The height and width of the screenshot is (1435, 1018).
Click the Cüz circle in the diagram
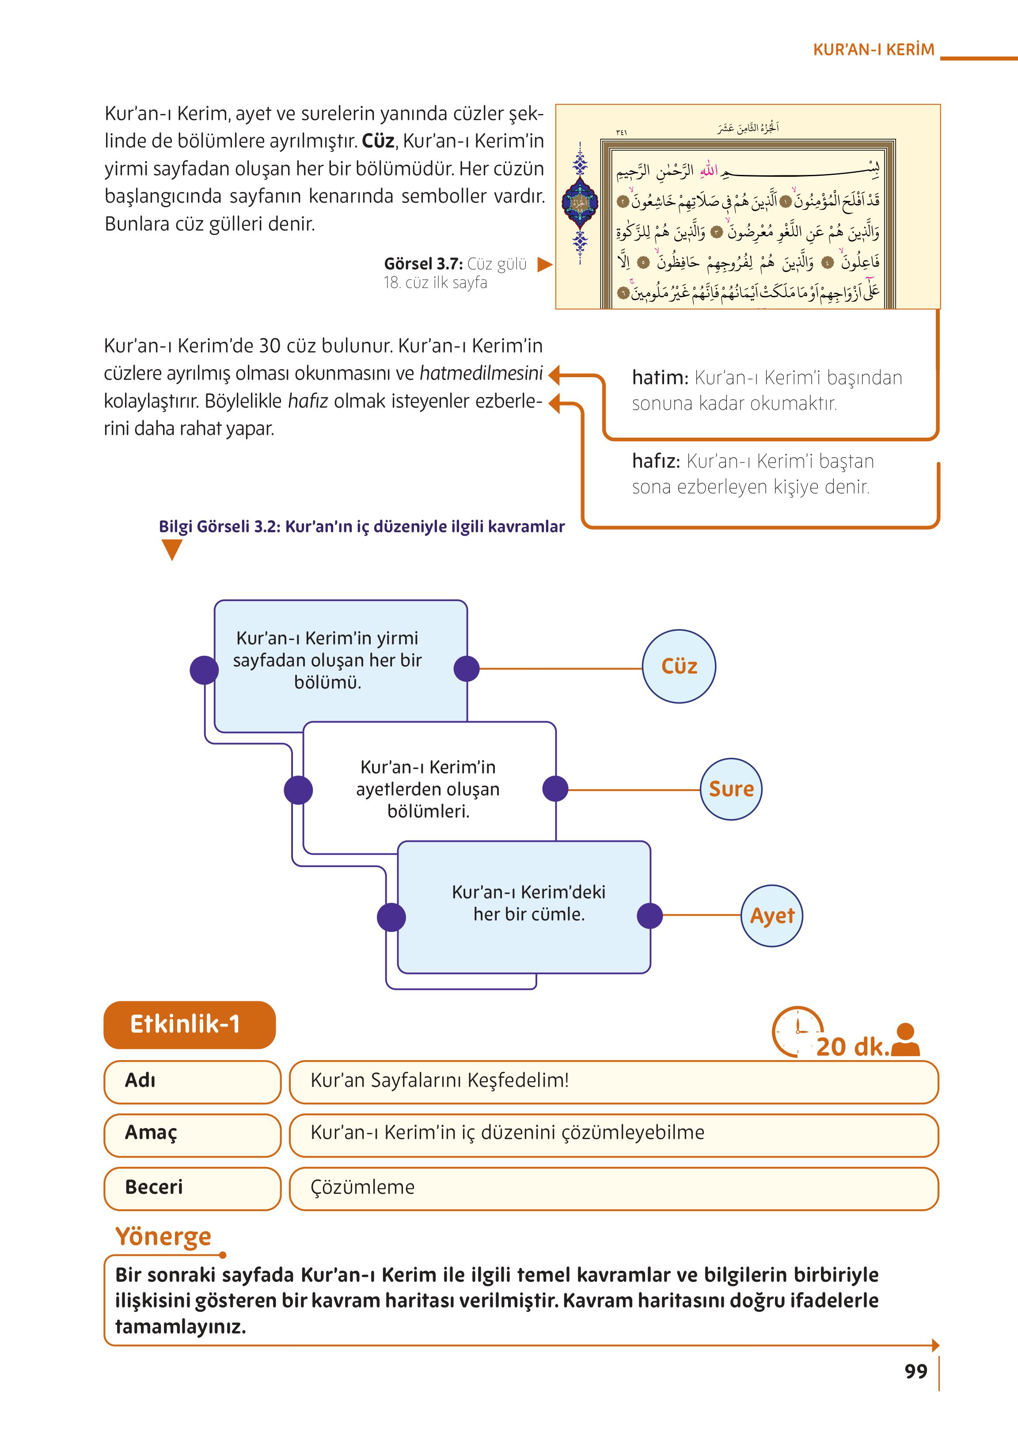tap(679, 666)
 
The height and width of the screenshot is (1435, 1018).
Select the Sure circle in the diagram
tap(731, 789)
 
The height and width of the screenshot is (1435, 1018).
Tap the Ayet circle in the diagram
tap(771, 916)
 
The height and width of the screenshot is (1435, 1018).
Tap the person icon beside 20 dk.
tap(905, 1041)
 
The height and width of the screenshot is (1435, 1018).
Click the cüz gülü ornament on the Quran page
tap(581, 203)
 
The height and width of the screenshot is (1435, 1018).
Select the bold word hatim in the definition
tap(659, 378)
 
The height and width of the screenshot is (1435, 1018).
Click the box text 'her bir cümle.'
tap(528, 914)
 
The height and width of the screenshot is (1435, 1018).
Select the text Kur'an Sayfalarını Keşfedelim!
tap(440, 1080)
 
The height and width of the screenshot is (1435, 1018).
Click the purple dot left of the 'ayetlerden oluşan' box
tap(298, 790)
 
